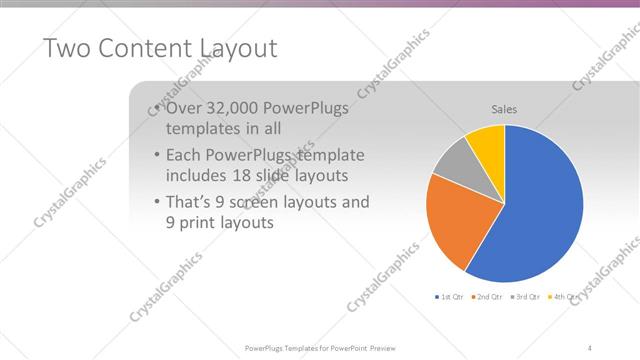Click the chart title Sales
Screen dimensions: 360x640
504,109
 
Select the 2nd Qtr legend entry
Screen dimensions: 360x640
487,297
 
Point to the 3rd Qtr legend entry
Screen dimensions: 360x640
527,297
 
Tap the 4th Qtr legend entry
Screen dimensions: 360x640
566,297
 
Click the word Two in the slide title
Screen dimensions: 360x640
67,48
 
